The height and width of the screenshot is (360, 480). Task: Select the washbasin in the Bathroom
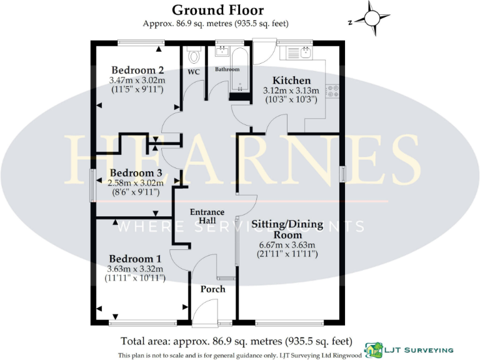[222, 52]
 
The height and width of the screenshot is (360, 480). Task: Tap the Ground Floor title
[217, 10]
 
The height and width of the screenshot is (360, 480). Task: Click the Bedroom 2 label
[137, 70]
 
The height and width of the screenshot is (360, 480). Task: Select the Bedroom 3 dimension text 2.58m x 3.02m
[136, 182]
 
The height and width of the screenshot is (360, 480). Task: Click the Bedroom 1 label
[135, 259]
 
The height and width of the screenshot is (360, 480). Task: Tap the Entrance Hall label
[207, 216]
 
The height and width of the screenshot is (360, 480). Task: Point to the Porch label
[212, 289]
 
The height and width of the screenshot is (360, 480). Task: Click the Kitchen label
[292, 81]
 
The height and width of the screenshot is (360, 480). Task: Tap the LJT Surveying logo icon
[373, 351]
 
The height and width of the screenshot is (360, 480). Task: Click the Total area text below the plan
[236, 342]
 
